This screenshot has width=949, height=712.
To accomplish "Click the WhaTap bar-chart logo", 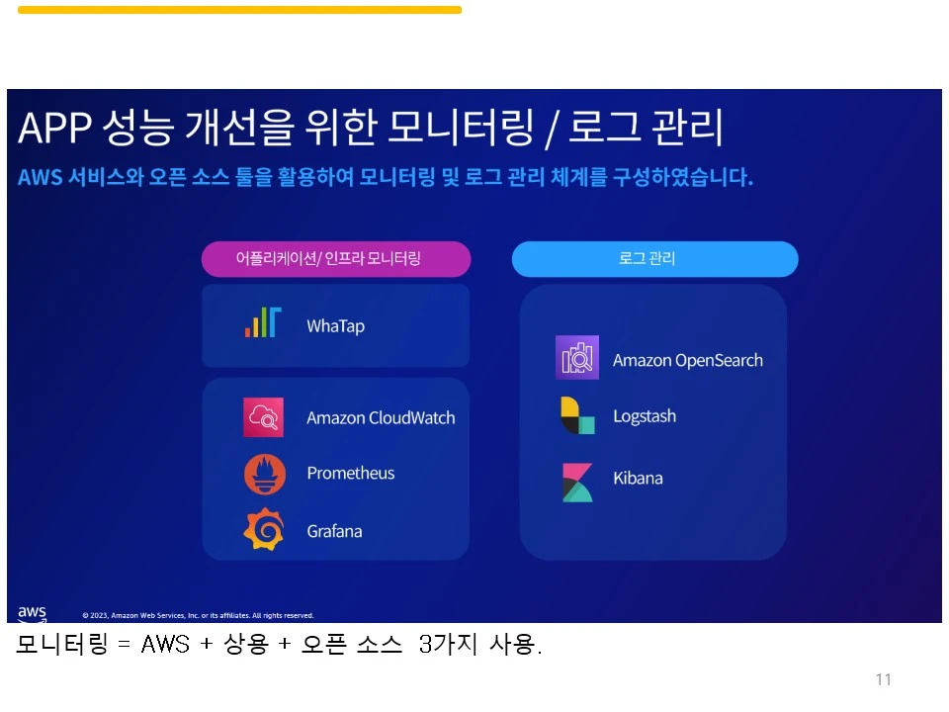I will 263,323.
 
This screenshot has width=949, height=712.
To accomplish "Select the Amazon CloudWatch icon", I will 264,417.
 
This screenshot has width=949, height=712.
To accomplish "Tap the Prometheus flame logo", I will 265,474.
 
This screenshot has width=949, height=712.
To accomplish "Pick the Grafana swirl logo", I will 264,530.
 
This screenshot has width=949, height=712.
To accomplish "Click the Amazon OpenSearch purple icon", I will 577,358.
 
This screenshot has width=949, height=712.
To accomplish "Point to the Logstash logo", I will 577,416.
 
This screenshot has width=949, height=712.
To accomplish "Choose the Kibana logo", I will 577,482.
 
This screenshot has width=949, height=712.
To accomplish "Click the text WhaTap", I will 335,326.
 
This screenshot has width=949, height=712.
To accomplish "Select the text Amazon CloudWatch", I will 381,417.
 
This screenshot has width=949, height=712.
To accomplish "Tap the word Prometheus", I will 350,474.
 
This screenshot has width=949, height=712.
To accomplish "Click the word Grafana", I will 334,531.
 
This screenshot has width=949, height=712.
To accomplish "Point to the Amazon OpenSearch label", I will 687,360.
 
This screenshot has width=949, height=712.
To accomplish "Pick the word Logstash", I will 645,416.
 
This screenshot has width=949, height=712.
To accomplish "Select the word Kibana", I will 638,479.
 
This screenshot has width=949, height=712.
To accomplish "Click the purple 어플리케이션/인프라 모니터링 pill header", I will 336,259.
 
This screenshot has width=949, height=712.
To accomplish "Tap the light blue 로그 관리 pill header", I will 654,259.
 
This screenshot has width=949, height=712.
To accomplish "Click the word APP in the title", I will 56,129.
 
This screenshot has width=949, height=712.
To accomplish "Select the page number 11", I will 883,679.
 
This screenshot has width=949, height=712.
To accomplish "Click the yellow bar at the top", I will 239,10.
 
